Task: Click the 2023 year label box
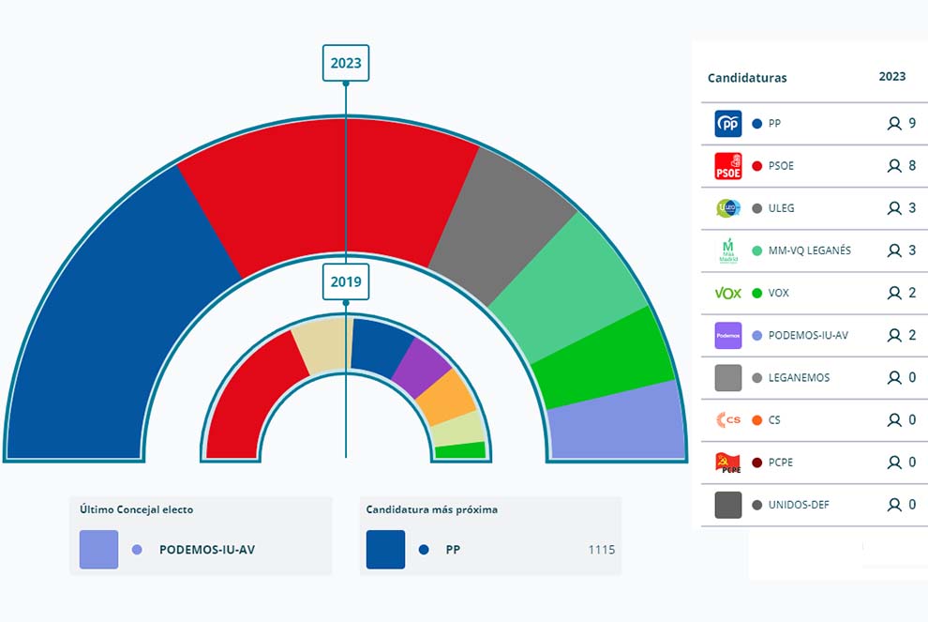coord(345,64)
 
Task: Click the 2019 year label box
coord(345,281)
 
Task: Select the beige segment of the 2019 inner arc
coord(321,345)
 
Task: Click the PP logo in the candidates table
coord(728,124)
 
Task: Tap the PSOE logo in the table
coord(728,166)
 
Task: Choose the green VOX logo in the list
coord(728,293)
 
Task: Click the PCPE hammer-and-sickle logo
coord(728,463)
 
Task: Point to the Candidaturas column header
coord(747,78)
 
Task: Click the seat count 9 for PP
coord(912,124)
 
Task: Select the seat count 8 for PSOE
coord(912,166)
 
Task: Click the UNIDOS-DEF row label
coord(799,505)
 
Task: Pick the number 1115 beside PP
coord(602,550)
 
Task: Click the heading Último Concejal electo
coord(137,509)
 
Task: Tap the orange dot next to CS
coord(756,420)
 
